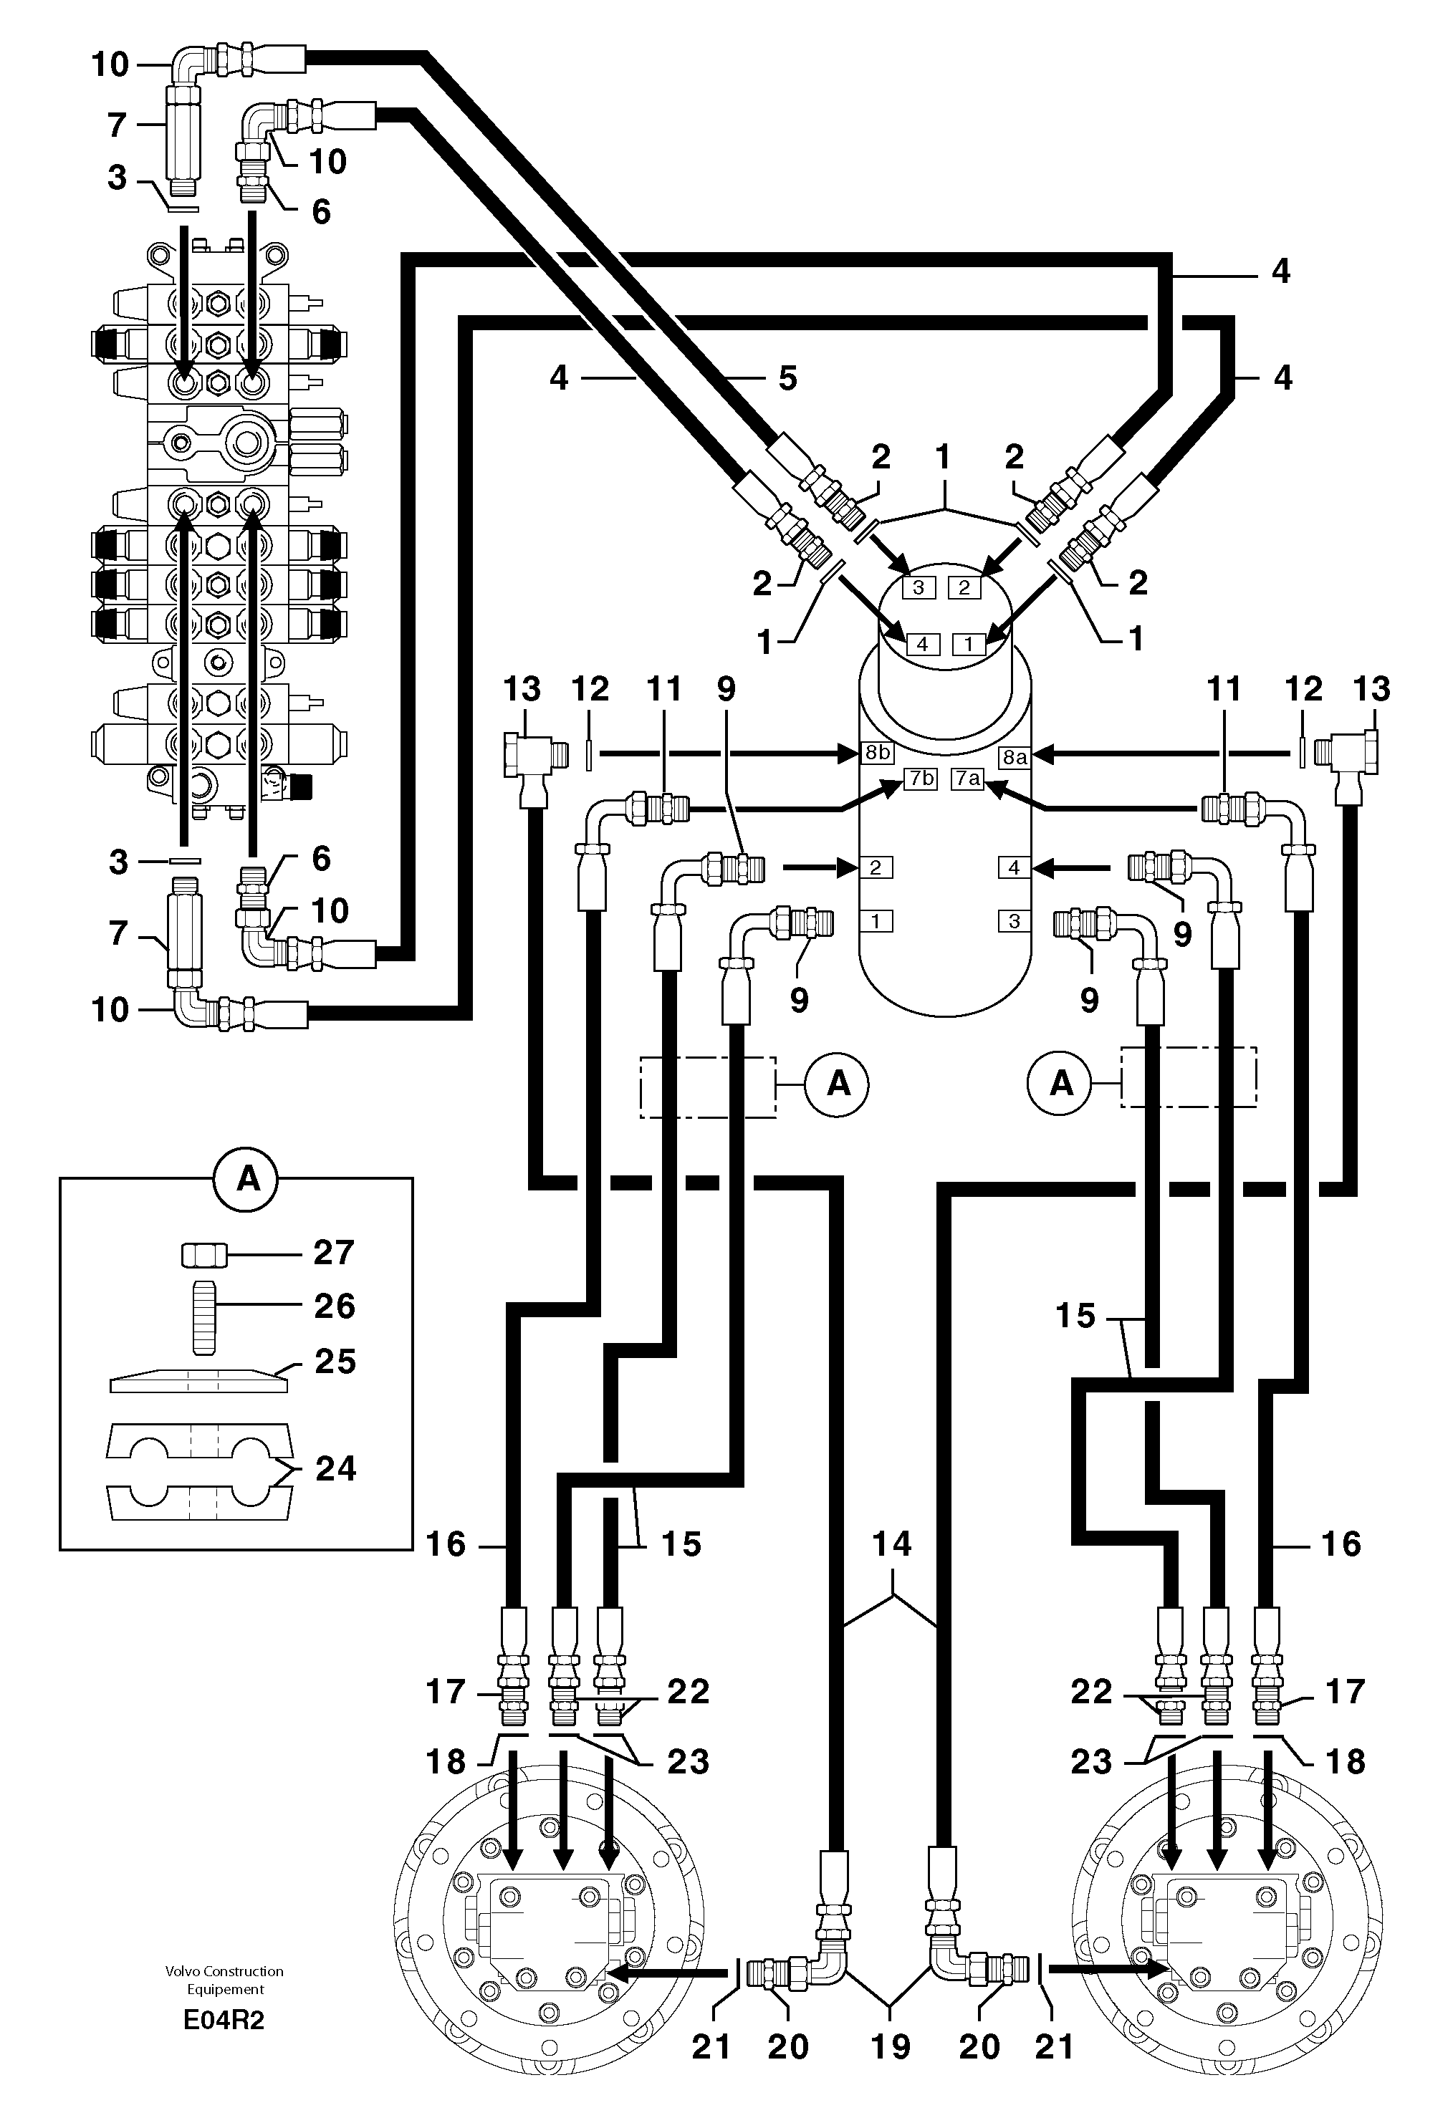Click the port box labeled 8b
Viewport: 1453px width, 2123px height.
click(x=876, y=753)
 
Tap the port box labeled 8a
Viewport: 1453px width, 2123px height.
click(x=1015, y=756)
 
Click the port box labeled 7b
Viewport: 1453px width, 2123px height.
click(x=920, y=779)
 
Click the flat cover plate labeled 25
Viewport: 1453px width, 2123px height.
click(x=198, y=1380)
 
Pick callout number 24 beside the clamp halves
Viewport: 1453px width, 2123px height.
click(x=335, y=1468)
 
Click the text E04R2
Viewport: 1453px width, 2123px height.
click(x=224, y=2020)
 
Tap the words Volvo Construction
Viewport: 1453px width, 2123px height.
click(x=224, y=1971)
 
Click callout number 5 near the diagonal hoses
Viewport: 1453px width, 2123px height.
click(x=787, y=377)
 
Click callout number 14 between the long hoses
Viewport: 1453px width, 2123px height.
click(x=891, y=1543)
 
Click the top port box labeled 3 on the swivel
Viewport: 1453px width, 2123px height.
click(x=919, y=587)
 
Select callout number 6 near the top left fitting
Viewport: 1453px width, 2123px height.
click(x=321, y=211)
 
